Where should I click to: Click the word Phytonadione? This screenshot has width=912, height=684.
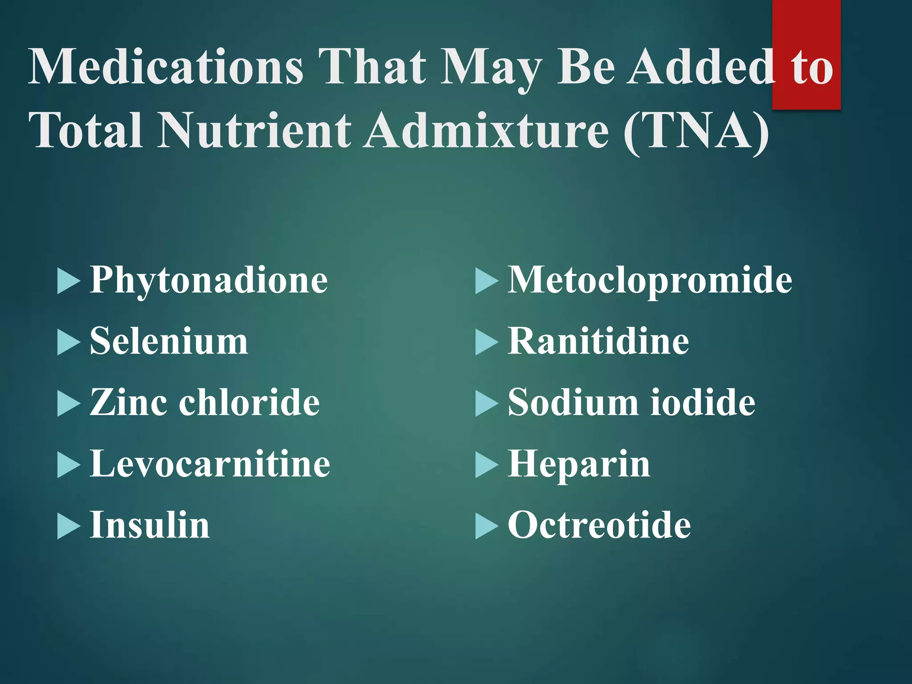(209, 281)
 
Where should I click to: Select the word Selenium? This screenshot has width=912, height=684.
(169, 342)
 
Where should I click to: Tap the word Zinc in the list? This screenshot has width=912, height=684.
(127, 403)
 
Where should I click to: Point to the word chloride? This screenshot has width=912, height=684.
(249, 403)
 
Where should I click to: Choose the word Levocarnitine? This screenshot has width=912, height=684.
(210, 464)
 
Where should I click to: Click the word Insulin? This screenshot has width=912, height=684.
(150, 525)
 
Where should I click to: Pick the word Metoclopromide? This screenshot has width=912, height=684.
(650, 281)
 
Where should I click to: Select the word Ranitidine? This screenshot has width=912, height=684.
(598, 342)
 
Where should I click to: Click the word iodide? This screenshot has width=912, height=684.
(703, 403)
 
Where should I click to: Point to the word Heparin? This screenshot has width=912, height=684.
(579, 465)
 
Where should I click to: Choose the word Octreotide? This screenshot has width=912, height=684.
(599, 525)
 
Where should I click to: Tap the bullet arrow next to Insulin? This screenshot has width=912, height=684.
(69, 527)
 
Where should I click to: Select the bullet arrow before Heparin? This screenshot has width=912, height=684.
(486, 465)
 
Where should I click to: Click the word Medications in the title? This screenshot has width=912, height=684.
(166, 67)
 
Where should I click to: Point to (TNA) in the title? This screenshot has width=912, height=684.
(696, 131)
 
